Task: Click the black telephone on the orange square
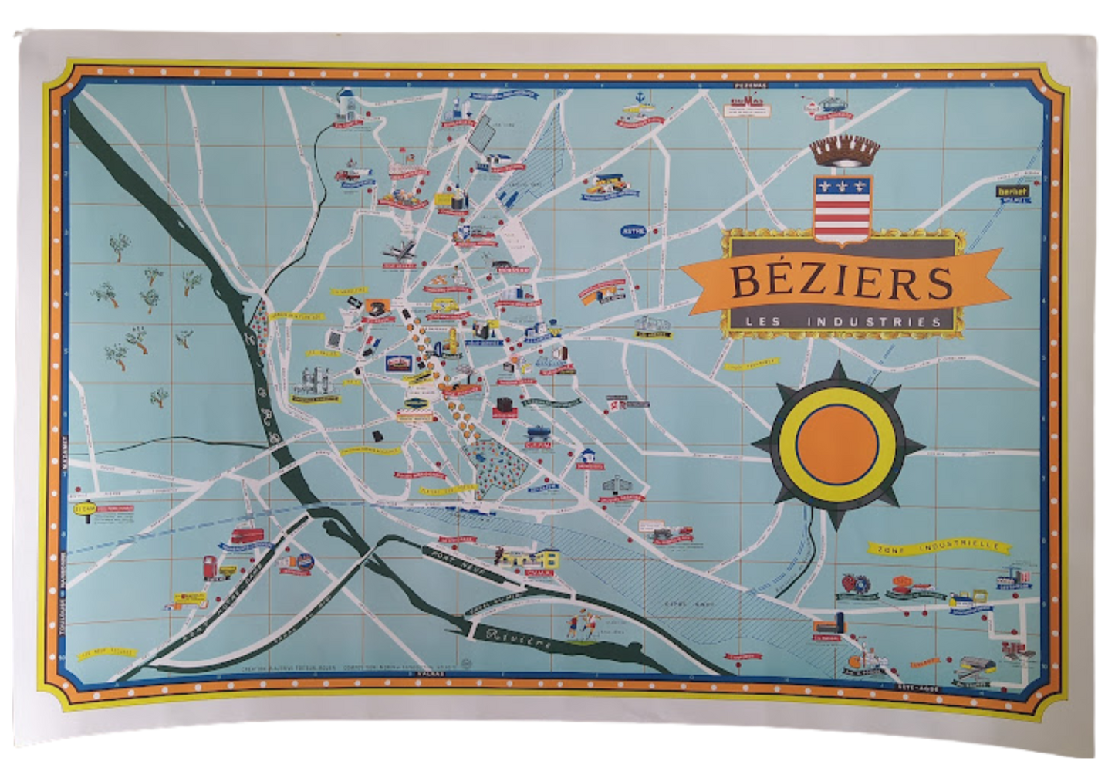point(374,305)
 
